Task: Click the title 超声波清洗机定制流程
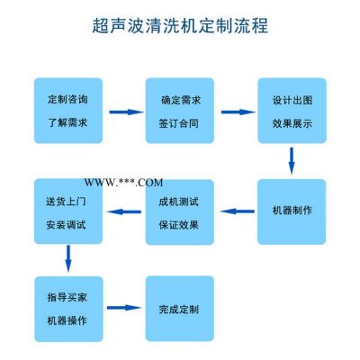click(180, 25)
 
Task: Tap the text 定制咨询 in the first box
click(67, 99)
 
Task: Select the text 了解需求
click(67, 122)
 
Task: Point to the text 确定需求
click(181, 100)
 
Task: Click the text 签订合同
click(179, 123)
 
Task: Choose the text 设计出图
click(292, 100)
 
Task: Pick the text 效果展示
click(292, 123)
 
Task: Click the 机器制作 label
click(292, 210)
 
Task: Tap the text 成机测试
click(179, 202)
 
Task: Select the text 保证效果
click(179, 225)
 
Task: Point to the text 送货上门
click(67, 201)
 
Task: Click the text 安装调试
click(67, 225)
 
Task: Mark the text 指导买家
click(67, 297)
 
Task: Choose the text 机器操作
click(67, 320)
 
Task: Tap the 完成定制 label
click(179, 310)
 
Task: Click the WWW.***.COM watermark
click(123, 183)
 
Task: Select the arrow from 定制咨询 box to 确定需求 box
click(126, 112)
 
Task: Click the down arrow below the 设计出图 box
click(292, 160)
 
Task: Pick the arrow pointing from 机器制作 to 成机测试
click(238, 211)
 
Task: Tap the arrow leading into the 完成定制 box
click(124, 308)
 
